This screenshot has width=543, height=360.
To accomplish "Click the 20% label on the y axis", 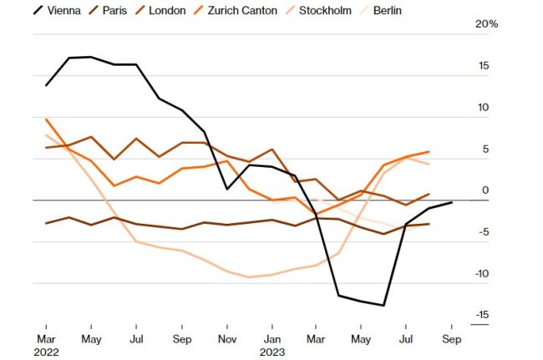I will point(486,24).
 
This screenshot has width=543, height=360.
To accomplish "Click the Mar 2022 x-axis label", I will point(47,346).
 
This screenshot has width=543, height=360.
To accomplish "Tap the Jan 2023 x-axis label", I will point(272,346).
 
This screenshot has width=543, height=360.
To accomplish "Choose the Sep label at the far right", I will point(452,340).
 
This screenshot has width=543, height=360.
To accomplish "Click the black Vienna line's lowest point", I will point(383,306).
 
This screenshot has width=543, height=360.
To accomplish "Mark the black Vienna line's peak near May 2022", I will point(91,57).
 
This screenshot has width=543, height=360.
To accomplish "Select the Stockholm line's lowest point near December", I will point(250,277).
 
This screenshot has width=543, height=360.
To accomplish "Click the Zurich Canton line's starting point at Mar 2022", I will point(46,119).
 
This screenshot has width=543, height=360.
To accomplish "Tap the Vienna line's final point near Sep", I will point(452,202).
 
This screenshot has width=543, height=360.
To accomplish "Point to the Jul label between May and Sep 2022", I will point(136,340).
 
